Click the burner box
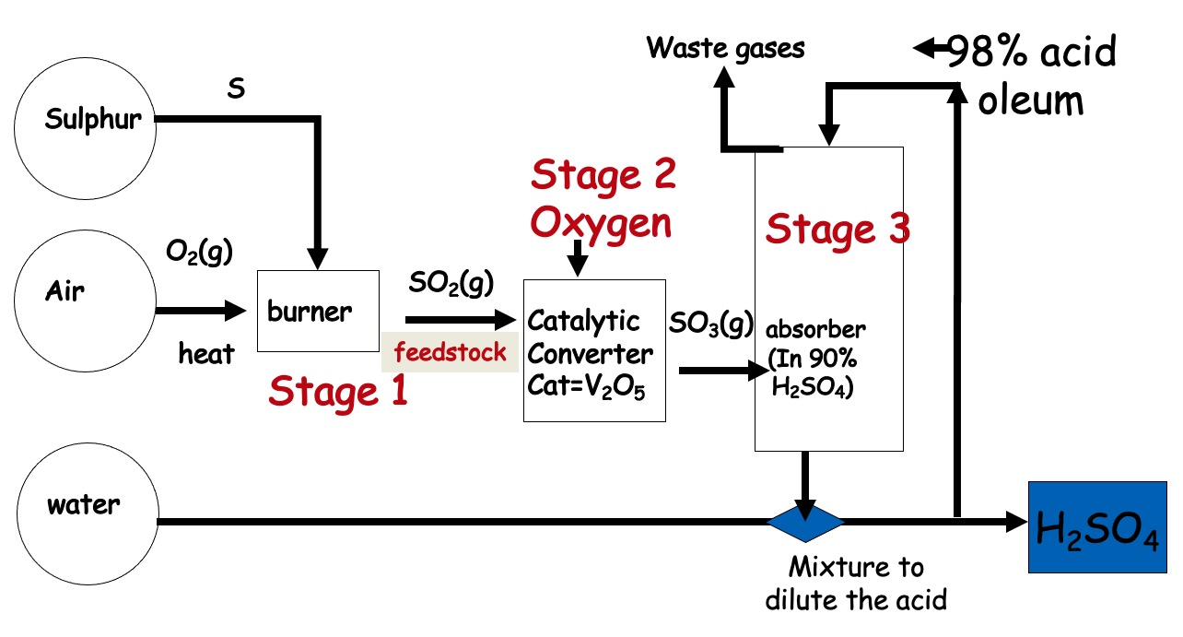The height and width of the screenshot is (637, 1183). (x=318, y=311)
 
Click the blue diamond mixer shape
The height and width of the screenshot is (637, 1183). (x=805, y=522)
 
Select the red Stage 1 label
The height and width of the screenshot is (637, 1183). (x=337, y=391)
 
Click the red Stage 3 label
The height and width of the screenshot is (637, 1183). (x=837, y=230)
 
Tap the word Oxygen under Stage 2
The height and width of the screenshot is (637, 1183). (x=603, y=222)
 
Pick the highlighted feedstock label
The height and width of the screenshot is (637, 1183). (x=451, y=352)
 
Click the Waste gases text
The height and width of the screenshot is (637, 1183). (x=726, y=48)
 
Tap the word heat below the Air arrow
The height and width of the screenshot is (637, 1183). (x=206, y=353)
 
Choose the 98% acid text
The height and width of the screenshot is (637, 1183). (x=1032, y=53)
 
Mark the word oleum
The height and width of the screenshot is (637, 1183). (x=1030, y=100)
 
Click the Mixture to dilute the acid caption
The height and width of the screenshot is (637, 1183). (x=855, y=583)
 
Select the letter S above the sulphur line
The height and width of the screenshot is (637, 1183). (x=236, y=91)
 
